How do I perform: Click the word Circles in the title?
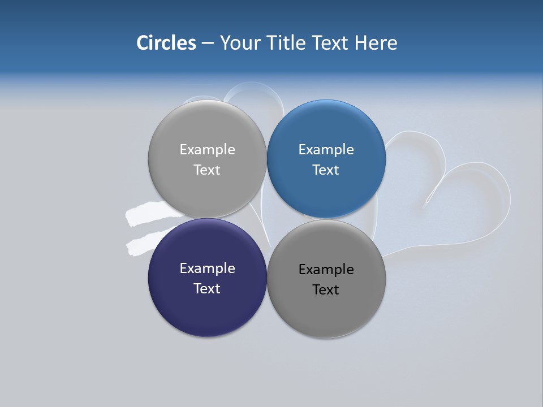coord(166,43)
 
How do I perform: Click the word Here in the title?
coord(376,43)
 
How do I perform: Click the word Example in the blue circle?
coord(326,150)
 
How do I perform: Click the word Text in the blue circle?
coord(326,170)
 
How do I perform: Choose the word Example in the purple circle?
coord(207,269)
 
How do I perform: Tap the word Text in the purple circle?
coord(207,289)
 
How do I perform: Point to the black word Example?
coord(326,270)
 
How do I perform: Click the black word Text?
coord(326,290)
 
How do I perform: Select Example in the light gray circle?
coord(207,150)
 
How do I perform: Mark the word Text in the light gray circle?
coord(207,170)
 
